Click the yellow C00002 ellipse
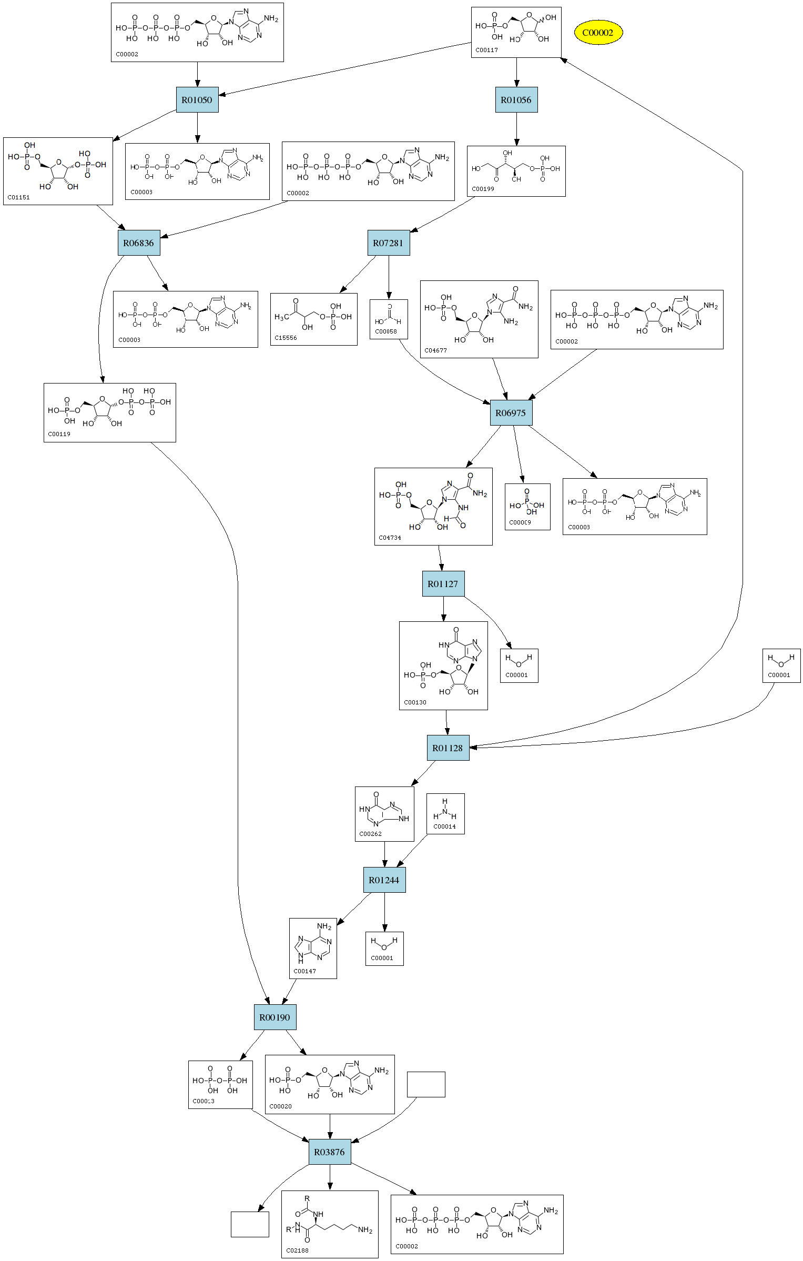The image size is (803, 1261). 598,33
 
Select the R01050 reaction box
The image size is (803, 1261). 197,100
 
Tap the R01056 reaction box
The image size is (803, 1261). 516,100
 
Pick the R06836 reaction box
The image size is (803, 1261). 139,243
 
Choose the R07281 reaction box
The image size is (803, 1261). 388,243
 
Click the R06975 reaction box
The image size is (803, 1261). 511,413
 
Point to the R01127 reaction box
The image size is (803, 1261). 443,584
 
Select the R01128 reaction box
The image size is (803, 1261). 448,748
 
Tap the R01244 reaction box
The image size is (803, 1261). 384,880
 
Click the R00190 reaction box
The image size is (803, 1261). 275,1017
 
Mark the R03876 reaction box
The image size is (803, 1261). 330,1152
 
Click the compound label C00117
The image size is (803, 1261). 486,51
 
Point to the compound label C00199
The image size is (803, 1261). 483,189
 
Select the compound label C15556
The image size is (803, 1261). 286,338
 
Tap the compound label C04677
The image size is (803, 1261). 435,350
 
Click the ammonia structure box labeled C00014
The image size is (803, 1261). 445,814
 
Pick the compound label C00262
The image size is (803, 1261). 370,834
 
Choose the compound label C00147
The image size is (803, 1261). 304,971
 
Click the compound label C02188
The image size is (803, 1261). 297,1250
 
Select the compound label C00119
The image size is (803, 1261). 59,434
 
